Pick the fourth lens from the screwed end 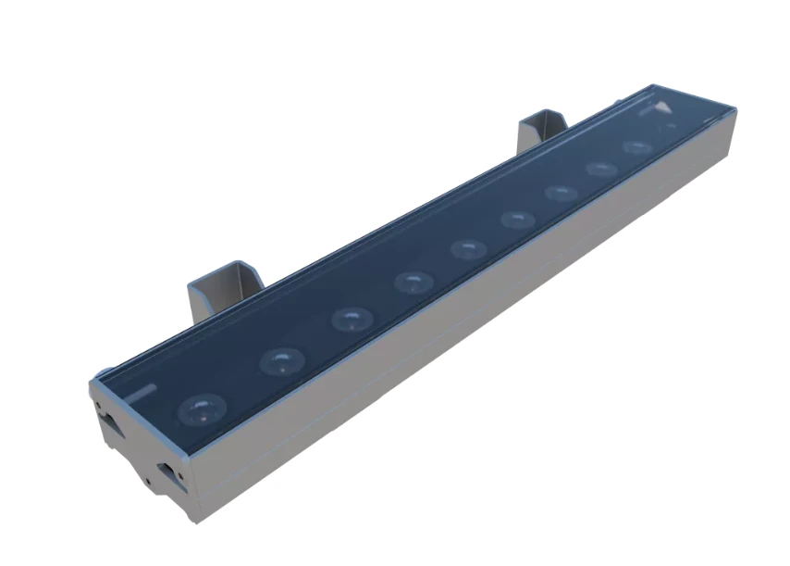pyautogui.click(x=414, y=281)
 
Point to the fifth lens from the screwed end pyautogui.click(x=469, y=248)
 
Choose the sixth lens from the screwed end pyautogui.click(x=517, y=219)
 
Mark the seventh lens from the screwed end pyautogui.click(x=562, y=192)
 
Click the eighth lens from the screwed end pyautogui.click(x=601, y=169)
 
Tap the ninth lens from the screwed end pyautogui.click(x=637, y=147)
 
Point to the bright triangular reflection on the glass pyautogui.click(x=664, y=108)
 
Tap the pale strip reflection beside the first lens pyautogui.click(x=140, y=393)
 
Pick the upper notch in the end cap pyautogui.click(x=110, y=421)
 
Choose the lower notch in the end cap pyautogui.click(x=167, y=473)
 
